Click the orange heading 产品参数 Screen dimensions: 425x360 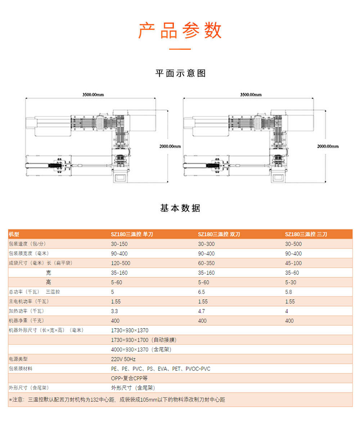(180, 31)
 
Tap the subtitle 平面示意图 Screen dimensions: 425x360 (180, 73)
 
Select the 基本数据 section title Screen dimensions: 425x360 (180, 208)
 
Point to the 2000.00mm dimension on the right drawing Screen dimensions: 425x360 (328, 146)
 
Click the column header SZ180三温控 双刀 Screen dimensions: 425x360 (219, 234)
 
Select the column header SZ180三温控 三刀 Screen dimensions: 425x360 (306, 234)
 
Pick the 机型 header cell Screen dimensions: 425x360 (14, 234)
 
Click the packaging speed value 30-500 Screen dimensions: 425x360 (293, 244)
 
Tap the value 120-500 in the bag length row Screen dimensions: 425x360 (121, 263)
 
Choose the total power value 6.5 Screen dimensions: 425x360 (202, 292)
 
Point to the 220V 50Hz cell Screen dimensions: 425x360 (123, 359)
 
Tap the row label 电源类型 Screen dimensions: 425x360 (18, 359)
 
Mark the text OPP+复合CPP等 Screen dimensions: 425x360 (130, 378)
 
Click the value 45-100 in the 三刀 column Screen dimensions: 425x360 (293, 263)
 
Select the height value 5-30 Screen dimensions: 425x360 (291, 282)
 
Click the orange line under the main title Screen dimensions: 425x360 (180, 49)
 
